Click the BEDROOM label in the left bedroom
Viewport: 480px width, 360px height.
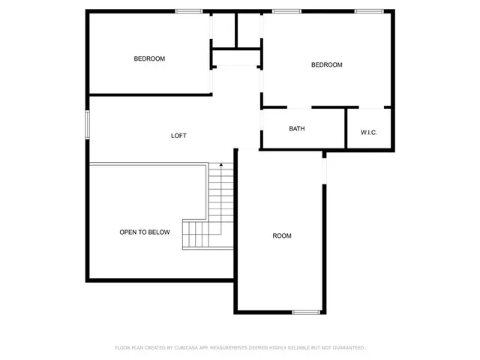(x=149, y=58)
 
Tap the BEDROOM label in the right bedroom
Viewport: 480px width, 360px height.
(x=326, y=64)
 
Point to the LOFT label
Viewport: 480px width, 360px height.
(x=178, y=136)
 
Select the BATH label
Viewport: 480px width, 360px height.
(x=297, y=128)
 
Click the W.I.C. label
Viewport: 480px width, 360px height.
(x=368, y=133)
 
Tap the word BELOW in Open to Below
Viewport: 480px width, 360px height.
(x=157, y=232)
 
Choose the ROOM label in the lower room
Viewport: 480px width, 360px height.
(x=282, y=236)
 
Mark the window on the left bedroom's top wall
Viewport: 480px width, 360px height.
(x=188, y=11)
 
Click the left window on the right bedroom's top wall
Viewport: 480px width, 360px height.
(x=286, y=11)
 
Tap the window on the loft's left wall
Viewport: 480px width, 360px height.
(x=88, y=124)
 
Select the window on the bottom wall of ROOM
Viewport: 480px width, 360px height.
(x=306, y=311)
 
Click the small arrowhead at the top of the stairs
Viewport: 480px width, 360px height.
(x=220, y=164)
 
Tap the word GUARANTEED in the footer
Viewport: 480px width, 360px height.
(x=347, y=348)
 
